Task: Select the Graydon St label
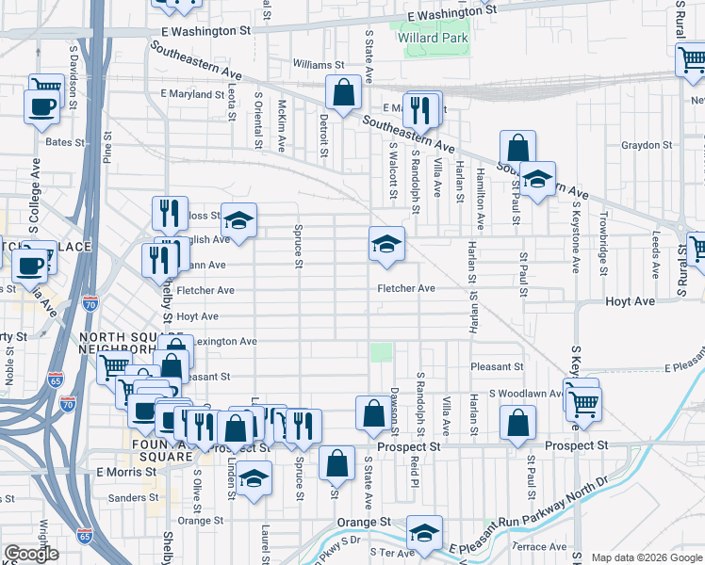tap(645, 145)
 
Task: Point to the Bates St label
tap(65, 142)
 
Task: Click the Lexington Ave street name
tap(222, 341)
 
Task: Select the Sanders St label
tap(129, 498)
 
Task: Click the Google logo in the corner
tap(30, 554)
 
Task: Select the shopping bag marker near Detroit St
tap(343, 92)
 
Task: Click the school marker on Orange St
tap(424, 533)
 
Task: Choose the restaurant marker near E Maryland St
tap(421, 109)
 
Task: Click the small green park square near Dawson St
tap(381, 352)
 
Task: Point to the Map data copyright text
tap(646, 557)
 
